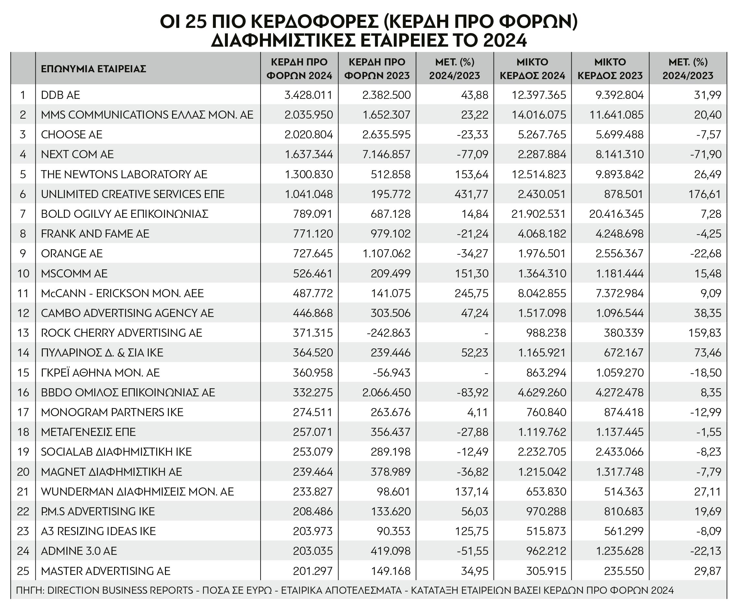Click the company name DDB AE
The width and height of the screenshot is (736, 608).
point(60,95)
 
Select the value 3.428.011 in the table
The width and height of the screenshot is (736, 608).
point(308,95)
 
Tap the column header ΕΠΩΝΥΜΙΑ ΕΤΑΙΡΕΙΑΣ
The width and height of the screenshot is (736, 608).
point(93,69)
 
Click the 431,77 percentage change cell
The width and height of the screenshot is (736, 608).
point(471,194)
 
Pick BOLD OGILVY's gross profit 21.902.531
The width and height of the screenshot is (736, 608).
point(538,214)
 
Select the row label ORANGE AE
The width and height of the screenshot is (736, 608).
point(71,253)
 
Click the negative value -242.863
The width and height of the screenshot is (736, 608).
point(388,333)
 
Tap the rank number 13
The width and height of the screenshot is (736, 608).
point(23,333)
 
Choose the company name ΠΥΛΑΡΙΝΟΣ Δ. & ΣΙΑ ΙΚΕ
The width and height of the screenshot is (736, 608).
point(102,352)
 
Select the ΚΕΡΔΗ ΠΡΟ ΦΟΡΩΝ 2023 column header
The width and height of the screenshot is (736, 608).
point(377,69)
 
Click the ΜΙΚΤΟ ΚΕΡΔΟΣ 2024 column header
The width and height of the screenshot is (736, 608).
point(532,69)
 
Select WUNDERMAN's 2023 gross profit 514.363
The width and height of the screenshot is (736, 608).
point(624,491)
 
